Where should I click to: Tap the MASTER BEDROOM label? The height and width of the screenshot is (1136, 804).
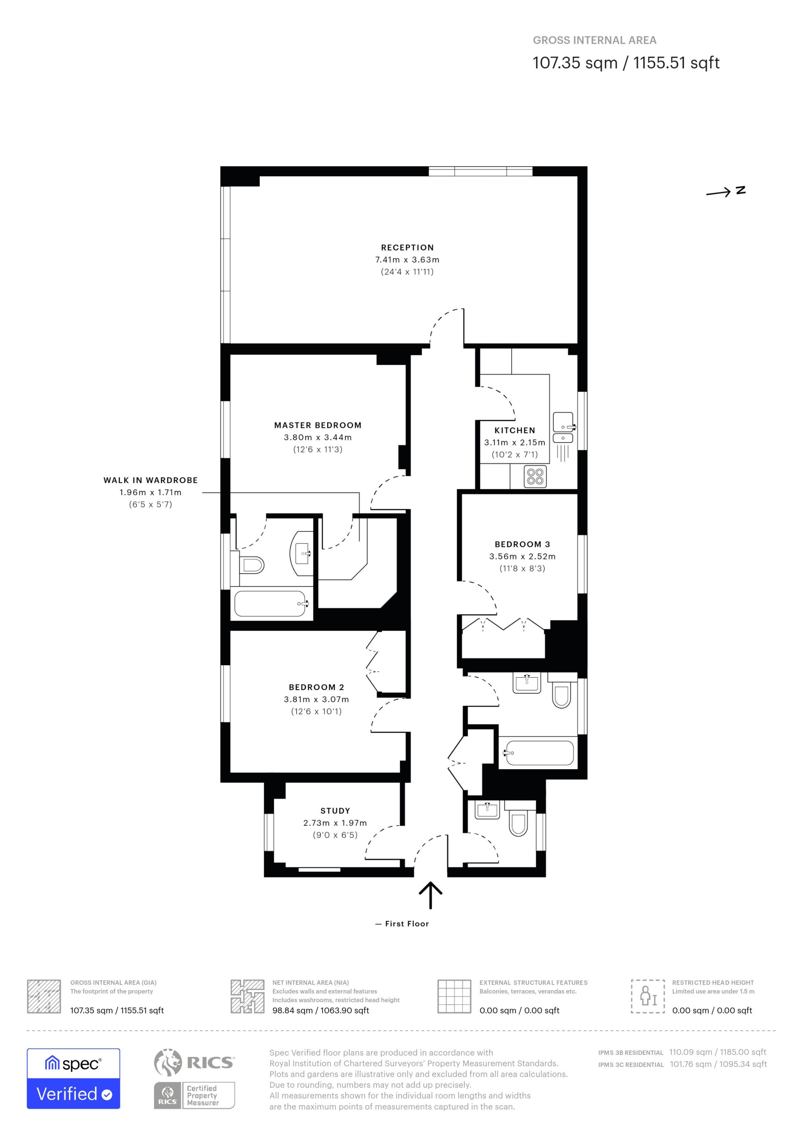point(318,425)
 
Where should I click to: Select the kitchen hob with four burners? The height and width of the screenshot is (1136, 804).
point(535,476)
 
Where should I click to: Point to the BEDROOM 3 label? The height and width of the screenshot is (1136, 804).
point(522,544)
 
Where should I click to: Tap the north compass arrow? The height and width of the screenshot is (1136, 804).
point(718,192)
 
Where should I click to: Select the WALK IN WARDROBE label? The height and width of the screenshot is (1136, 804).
point(150,480)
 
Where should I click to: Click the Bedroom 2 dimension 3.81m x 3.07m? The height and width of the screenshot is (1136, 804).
point(316,699)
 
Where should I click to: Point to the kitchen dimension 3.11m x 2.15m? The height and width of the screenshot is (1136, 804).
point(515,442)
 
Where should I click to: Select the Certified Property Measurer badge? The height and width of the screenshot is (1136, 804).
point(194,1095)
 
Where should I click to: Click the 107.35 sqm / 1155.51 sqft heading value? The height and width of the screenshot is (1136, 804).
point(626,63)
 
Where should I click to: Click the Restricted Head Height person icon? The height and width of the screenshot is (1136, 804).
point(648,996)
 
